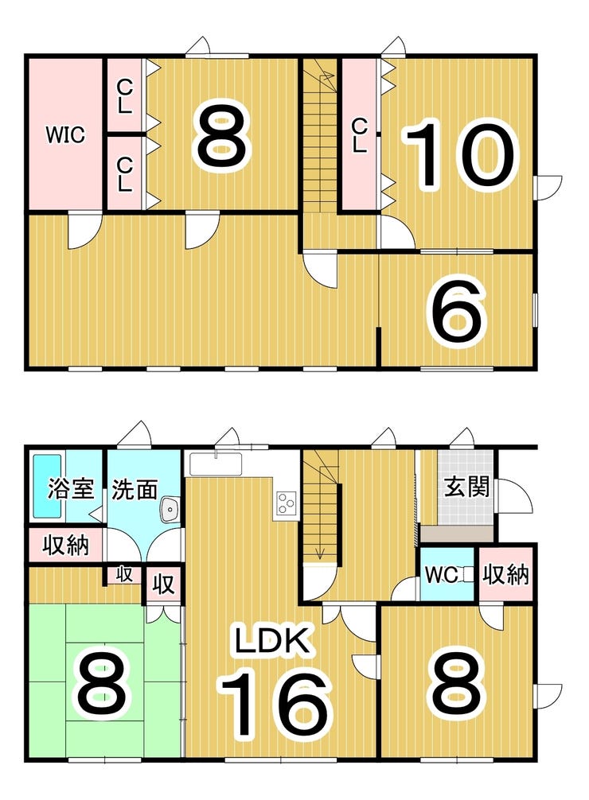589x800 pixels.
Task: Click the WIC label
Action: [x=65, y=135]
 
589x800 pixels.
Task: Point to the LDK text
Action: [x=272, y=641]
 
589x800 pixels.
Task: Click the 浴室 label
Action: [x=71, y=489]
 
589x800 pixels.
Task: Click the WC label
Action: [x=442, y=575]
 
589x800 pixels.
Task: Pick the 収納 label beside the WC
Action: [x=505, y=574]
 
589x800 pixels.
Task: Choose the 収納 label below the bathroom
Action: [x=65, y=546]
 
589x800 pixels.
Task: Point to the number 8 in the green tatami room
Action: [x=101, y=685]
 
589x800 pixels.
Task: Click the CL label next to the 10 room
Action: [x=360, y=135]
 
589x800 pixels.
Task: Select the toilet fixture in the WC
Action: [x=467, y=575]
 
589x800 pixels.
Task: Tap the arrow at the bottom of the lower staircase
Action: [x=320, y=553]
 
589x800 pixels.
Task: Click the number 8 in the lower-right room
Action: [x=457, y=685]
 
